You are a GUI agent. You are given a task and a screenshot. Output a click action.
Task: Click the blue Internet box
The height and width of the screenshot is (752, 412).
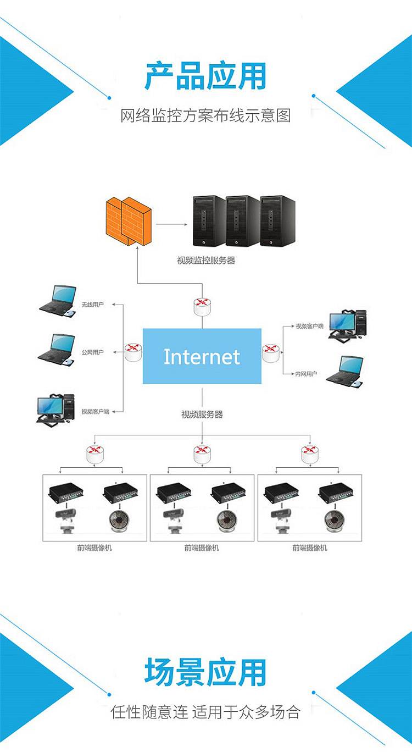pyautogui.click(x=202, y=356)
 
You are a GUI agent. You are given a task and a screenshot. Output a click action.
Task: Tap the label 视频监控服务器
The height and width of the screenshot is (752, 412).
pyautogui.click(x=206, y=261)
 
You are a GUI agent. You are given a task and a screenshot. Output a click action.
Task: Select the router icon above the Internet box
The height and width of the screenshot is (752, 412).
pyautogui.click(x=202, y=306)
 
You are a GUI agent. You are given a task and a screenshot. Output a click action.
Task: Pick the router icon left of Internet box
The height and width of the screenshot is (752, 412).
pyautogui.click(x=132, y=352)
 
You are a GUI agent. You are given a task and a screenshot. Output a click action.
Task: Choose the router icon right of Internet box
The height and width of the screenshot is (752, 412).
pyautogui.click(x=271, y=352)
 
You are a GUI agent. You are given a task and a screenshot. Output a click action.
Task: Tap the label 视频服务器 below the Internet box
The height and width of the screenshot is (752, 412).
pyautogui.click(x=202, y=414)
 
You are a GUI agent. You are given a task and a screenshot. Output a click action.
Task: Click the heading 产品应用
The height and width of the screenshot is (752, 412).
pyautogui.click(x=205, y=76)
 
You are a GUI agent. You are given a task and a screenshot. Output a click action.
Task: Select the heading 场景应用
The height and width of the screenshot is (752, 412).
pyautogui.click(x=205, y=672)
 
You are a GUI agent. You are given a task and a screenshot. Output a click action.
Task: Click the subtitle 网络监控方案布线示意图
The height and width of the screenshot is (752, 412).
pyautogui.click(x=205, y=116)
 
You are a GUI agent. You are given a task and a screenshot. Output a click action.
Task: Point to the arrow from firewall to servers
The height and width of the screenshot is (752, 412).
pyautogui.click(x=171, y=224)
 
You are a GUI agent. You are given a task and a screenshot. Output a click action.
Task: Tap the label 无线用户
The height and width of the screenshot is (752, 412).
pyautogui.click(x=92, y=304)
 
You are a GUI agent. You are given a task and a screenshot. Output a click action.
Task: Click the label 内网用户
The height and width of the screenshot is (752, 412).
pyautogui.click(x=306, y=374)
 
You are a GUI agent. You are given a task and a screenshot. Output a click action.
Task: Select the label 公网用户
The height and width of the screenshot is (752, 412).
pyautogui.click(x=92, y=352)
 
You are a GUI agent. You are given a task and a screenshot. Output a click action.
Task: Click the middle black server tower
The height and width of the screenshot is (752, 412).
pyautogui.click(x=242, y=221)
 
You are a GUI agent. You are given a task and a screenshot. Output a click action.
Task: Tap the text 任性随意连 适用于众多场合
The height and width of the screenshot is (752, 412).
pyautogui.click(x=205, y=712)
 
